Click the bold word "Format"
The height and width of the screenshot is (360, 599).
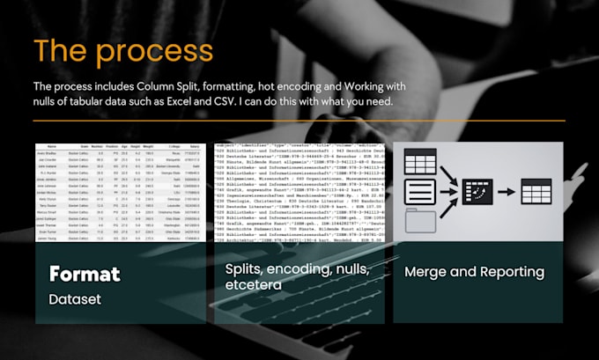click(85, 274)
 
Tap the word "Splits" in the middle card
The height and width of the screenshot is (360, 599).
click(244, 268)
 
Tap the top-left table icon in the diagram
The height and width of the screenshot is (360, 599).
click(420, 161)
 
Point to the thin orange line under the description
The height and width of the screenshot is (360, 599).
click(299, 121)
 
